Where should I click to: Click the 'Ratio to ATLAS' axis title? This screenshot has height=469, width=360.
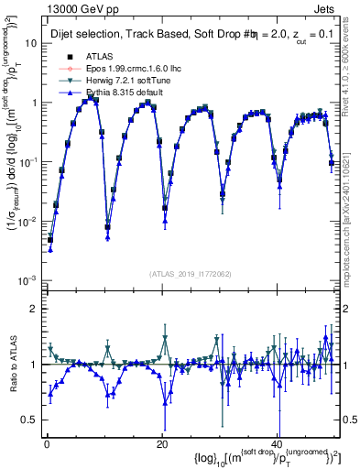click(x=12, y=364)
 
